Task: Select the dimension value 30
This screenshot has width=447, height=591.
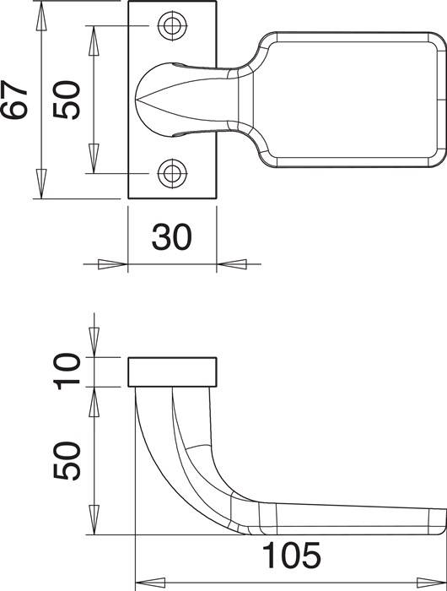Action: coord(171,238)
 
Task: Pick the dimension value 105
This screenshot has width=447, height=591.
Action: coord(291,556)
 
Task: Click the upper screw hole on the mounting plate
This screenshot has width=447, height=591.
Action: coord(173,26)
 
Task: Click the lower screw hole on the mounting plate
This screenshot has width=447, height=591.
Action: coord(173,174)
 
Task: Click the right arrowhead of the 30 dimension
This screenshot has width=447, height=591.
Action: coord(232,264)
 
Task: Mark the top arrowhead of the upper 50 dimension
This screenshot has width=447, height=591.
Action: coord(94,37)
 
